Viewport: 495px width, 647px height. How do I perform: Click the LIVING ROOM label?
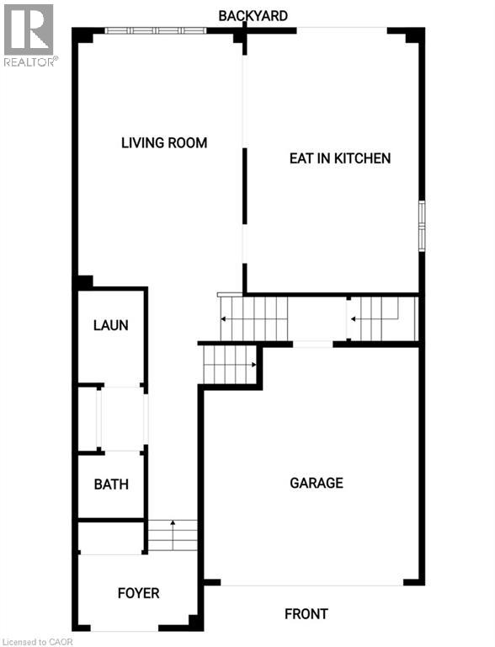pyautogui.click(x=164, y=142)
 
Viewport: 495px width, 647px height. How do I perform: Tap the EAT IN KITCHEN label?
pyautogui.click(x=340, y=158)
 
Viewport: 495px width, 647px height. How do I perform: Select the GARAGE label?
pyautogui.click(x=317, y=483)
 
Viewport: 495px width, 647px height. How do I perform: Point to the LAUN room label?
pyautogui.click(x=110, y=325)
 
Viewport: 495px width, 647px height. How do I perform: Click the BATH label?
pyautogui.click(x=111, y=484)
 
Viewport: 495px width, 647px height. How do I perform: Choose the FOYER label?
pyautogui.click(x=138, y=593)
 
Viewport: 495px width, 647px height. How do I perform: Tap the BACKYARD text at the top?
pyautogui.click(x=253, y=16)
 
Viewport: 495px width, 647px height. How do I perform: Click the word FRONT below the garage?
pyautogui.click(x=306, y=613)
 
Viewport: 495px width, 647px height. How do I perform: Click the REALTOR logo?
pyautogui.click(x=29, y=35)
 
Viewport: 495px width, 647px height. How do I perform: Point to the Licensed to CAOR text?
pyautogui.click(x=36, y=642)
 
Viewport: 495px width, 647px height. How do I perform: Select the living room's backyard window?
pyautogui.click(x=156, y=30)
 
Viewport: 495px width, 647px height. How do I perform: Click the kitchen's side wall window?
pyautogui.click(x=422, y=226)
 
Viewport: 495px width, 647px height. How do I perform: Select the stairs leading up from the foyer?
pyautogui.click(x=173, y=535)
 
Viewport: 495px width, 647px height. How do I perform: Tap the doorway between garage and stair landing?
pyautogui.click(x=312, y=344)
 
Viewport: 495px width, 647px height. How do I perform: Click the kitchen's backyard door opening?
pyautogui.click(x=342, y=30)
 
